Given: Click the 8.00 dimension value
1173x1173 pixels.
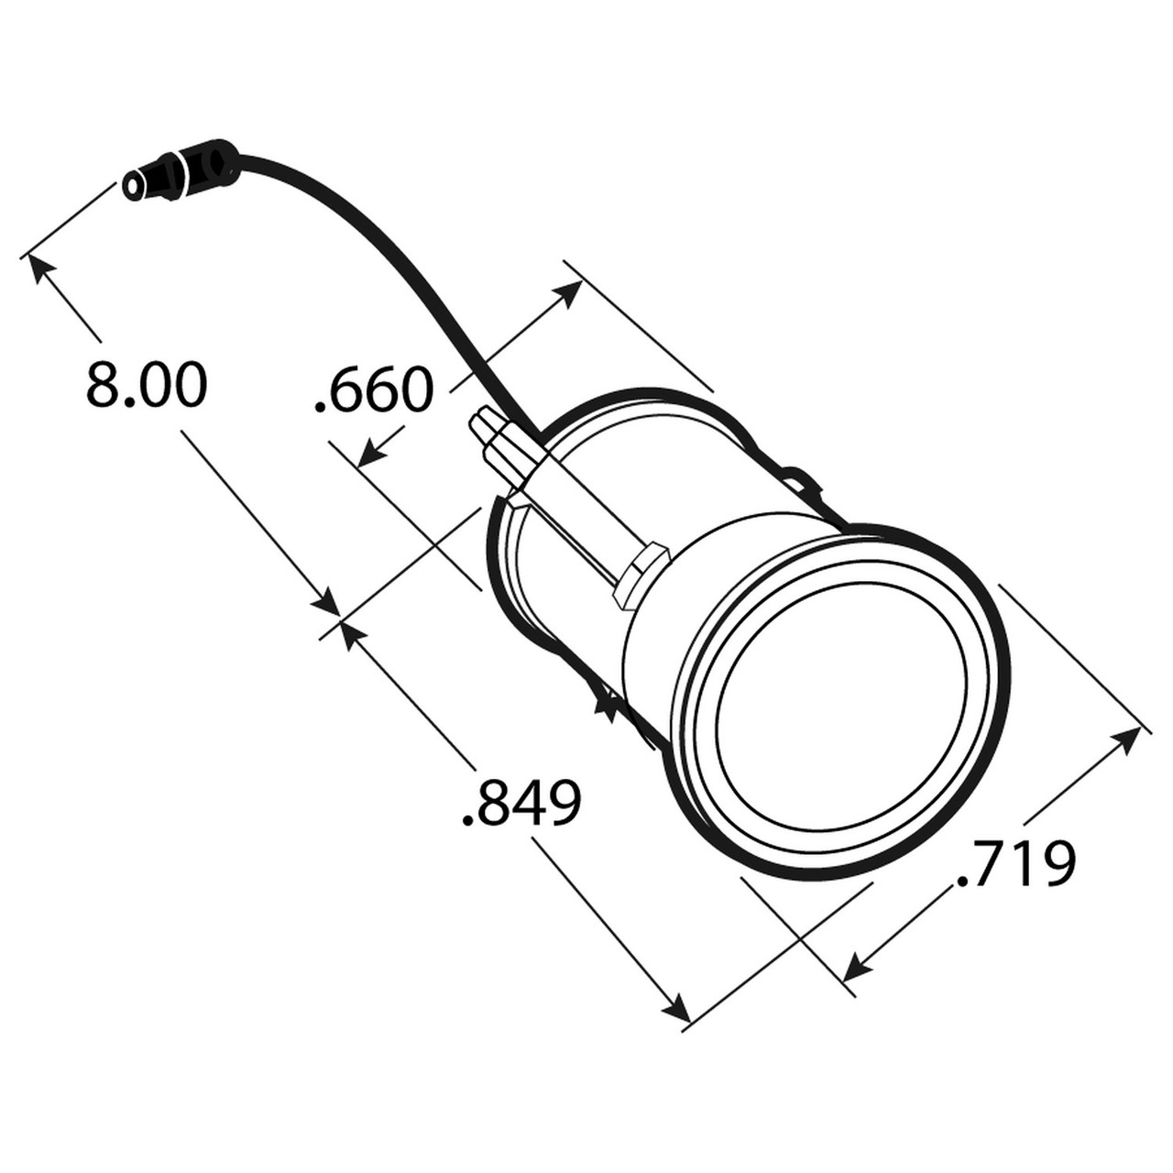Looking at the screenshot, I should point(147,385).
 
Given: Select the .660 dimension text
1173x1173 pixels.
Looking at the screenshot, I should point(372,391).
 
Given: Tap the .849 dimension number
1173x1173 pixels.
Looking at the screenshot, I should point(521,804).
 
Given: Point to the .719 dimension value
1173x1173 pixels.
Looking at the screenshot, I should point(1014,864).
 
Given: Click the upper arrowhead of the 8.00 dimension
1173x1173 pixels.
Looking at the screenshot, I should point(42,270).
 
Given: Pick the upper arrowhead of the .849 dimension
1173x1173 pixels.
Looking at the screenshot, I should point(351,632).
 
